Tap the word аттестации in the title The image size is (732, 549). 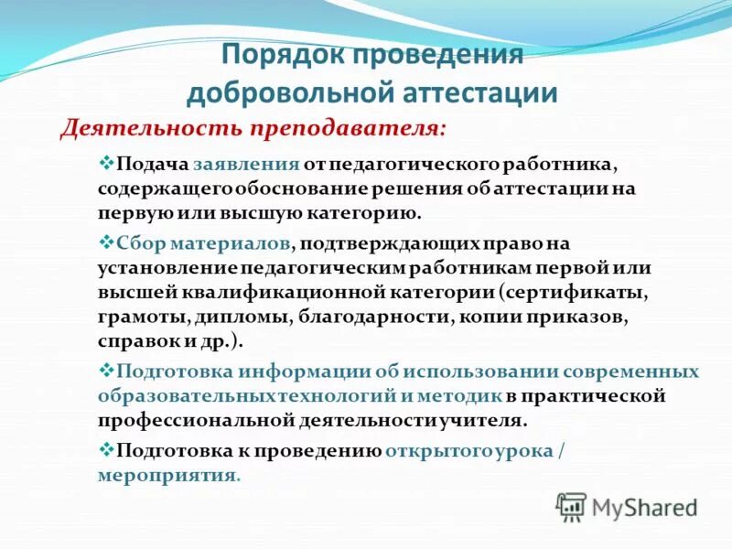pyautogui.click(x=477, y=92)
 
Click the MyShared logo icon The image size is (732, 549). pyautogui.click(x=571, y=506)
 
